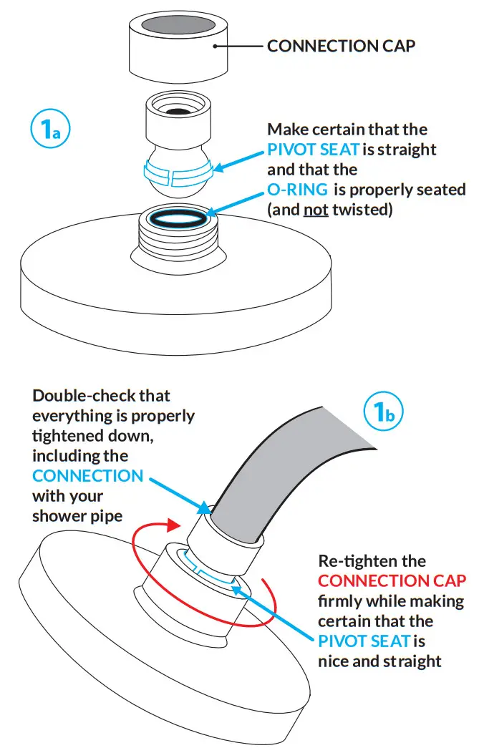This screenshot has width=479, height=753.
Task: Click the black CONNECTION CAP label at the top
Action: [x=341, y=47]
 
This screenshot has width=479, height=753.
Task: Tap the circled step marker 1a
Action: [x=48, y=130]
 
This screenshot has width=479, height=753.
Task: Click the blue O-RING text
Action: [x=297, y=190]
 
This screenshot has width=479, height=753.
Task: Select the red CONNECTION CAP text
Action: [x=392, y=580]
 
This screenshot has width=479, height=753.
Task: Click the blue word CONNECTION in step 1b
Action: [x=87, y=476]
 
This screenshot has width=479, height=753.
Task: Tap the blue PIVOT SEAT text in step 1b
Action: [x=364, y=641]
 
